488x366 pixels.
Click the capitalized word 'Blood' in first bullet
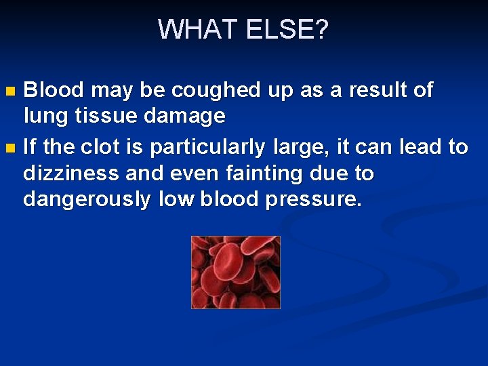pyautogui.click(x=54, y=90)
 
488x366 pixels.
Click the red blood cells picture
pyautogui.click(x=235, y=272)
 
